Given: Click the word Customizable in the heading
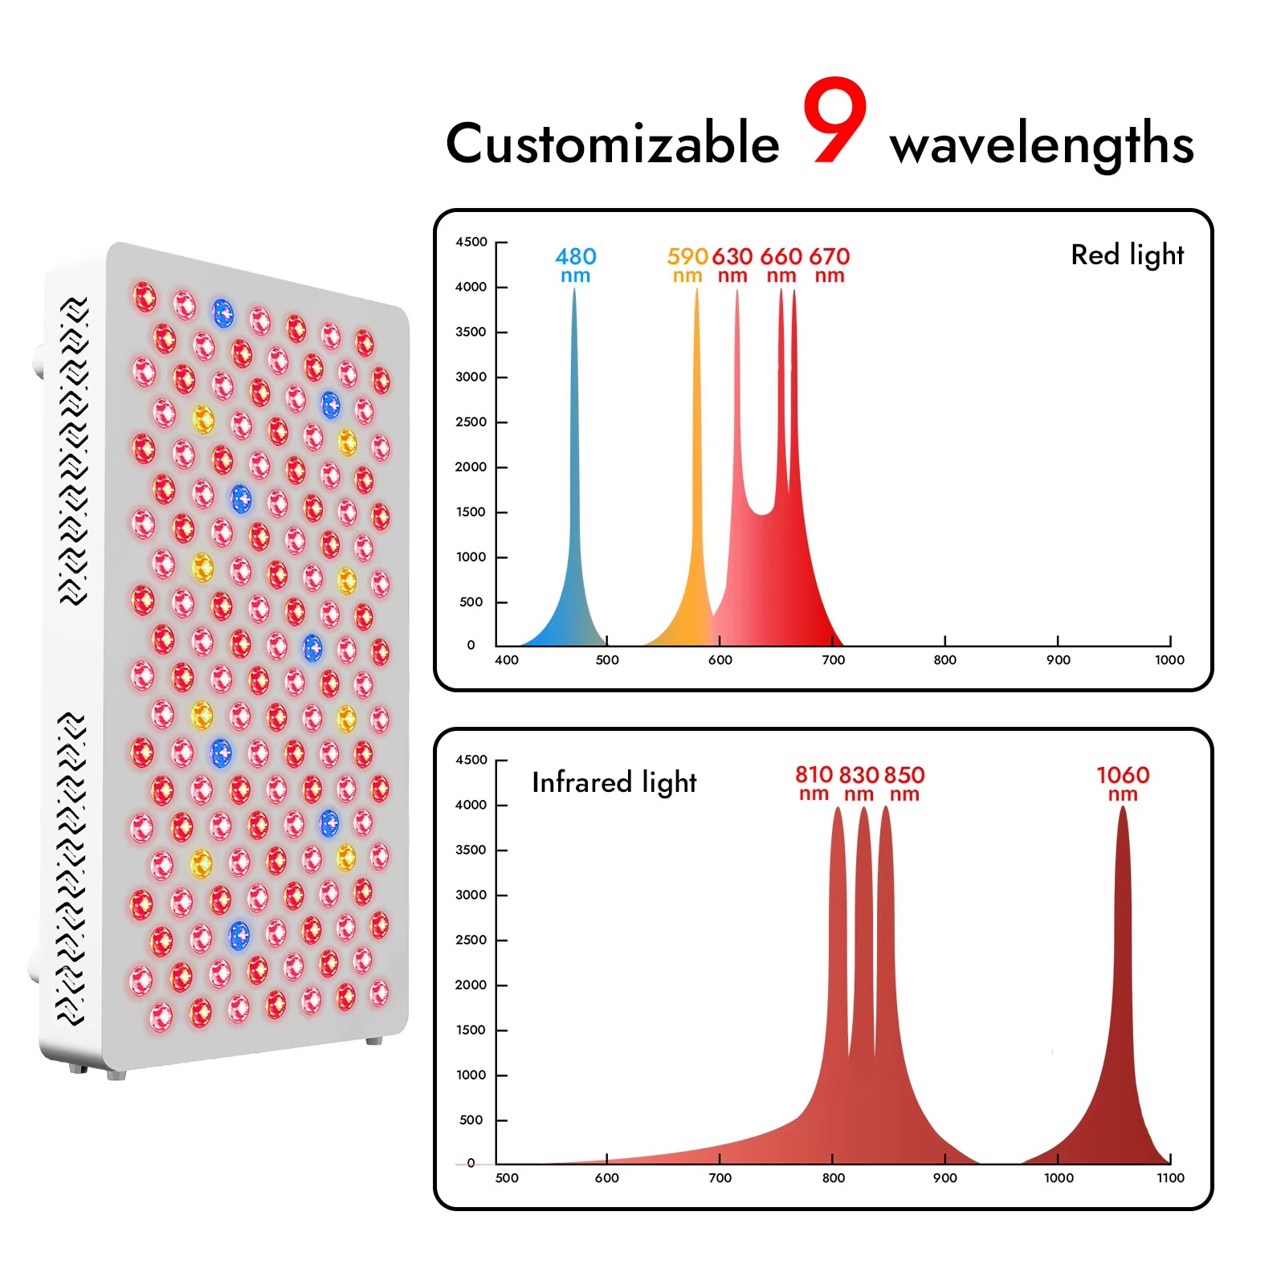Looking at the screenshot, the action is coord(613,144).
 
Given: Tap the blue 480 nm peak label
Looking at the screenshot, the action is coord(575,265).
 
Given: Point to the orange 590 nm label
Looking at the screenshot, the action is coord(687,265).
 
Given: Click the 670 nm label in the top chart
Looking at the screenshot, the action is coord(830,265).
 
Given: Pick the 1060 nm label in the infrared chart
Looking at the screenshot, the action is coord(1123,784).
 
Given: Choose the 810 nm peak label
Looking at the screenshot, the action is coord(814,784).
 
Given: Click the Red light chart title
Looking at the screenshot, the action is coord(1128,255).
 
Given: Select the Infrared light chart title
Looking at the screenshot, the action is coord(614,782).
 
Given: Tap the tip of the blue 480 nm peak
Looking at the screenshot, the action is coord(574,288).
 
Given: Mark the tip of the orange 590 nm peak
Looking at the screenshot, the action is coord(696,288).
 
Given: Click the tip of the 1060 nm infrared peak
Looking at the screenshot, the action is coord(1123,806).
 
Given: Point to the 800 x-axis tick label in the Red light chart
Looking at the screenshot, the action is coord(945,660).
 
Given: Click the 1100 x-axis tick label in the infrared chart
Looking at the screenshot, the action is coord(1171,1178).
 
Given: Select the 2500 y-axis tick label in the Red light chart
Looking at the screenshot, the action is coord(471,422).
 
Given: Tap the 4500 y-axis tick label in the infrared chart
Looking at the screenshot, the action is coord(471,760).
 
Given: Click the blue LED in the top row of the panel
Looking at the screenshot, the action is coord(222,313).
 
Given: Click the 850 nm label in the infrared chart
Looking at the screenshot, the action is coord(904,784).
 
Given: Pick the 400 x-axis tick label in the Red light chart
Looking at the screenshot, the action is coord(507,660).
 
